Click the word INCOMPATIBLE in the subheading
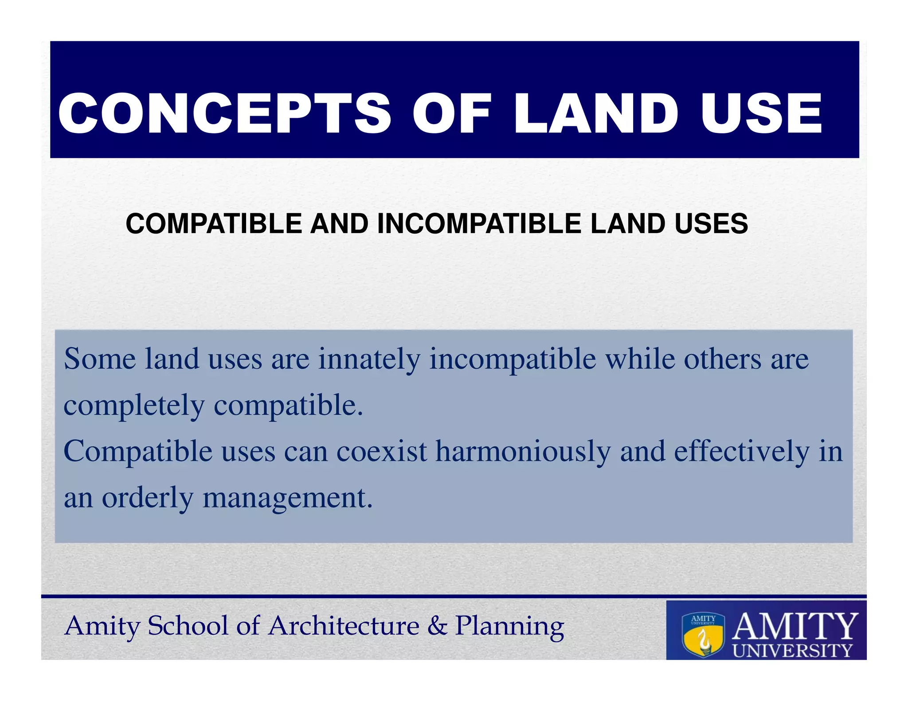click(x=481, y=223)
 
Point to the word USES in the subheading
click(x=711, y=223)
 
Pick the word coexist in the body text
click(x=382, y=452)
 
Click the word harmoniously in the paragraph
click(x=523, y=452)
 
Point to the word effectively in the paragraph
click(x=742, y=452)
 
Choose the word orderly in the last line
click(x=148, y=498)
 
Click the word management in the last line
click(x=287, y=498)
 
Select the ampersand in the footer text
click(x=437, y=626)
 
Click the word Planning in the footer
click(x=509, y=627)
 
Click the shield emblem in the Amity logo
click(x=703, y=635)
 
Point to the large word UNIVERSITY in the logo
click(x=792, y=650)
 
